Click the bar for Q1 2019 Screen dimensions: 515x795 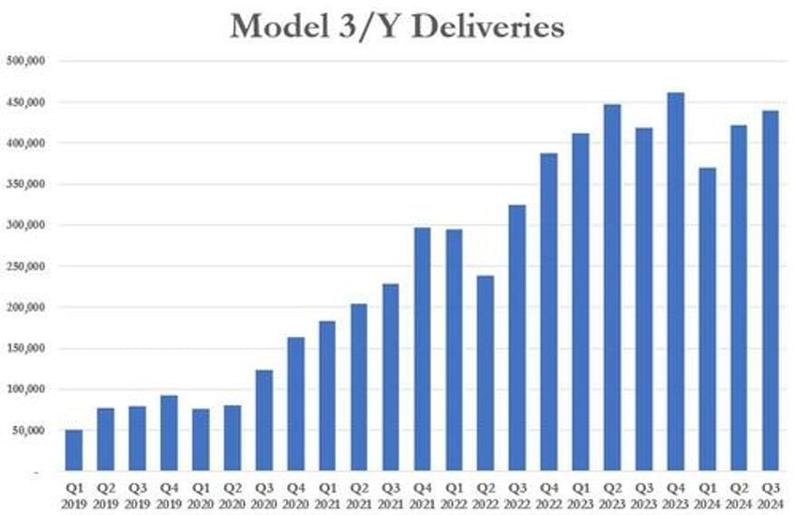[x=73, y=450]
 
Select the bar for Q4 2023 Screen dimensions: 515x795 [x=676, y=281]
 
